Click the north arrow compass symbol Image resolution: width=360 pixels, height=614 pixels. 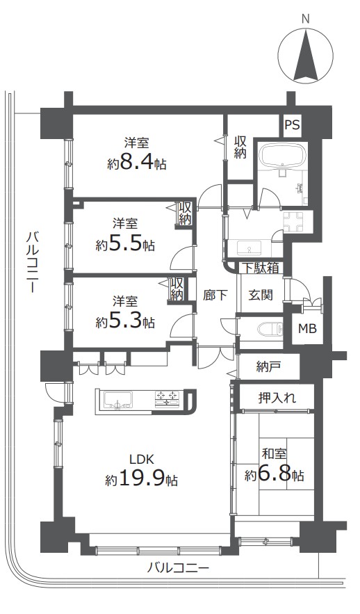coord(306,54)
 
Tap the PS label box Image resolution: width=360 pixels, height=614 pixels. coord(292,125)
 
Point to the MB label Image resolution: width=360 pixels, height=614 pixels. coord(307,328)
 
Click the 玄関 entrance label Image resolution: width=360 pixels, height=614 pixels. coord(261,295)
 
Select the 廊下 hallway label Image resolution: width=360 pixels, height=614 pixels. coord(215,295)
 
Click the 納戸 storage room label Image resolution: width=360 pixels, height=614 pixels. coord(268,366)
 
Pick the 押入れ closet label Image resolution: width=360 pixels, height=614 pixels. coord(277,398)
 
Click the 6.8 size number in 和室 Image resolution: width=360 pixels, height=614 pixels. coord(279,475)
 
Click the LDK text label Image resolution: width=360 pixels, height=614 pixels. coord(144,458)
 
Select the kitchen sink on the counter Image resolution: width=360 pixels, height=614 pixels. coord(117,401)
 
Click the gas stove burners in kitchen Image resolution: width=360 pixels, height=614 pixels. coord(167,399)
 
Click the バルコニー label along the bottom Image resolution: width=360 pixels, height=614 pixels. coord(178,567)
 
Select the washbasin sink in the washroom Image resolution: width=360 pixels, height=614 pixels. coord(249,248)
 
